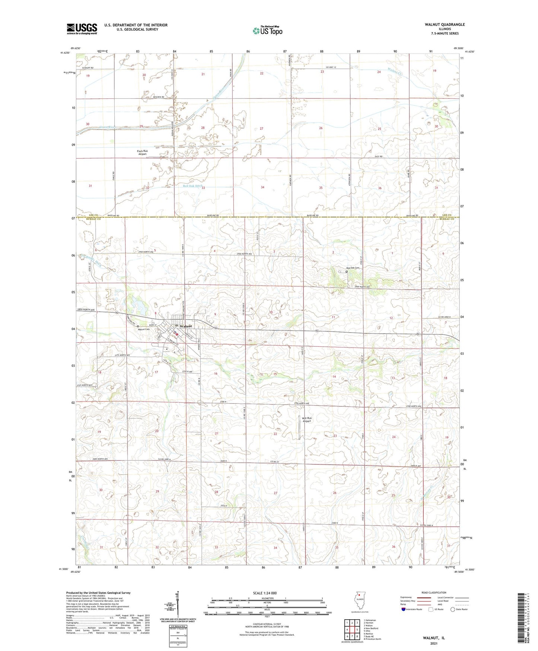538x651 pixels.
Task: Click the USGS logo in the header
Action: coord(82,29)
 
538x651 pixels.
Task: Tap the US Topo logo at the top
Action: coord(267,31)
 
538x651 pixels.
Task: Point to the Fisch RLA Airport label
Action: coord(142,152)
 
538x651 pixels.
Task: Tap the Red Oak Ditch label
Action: coord(192,186)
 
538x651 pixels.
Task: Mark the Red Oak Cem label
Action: coord(353,268)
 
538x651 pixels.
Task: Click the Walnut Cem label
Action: coord(144,329)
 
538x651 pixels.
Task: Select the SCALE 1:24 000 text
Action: coord(264,593)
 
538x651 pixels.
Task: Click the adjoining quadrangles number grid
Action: coord(352,630)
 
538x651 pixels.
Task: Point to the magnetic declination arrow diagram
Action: coord(177,604)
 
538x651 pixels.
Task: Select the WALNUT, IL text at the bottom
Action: coord(434,638)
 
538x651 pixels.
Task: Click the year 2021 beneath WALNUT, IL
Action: coord(434,644)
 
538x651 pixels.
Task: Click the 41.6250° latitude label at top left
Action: coord(64,53)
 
